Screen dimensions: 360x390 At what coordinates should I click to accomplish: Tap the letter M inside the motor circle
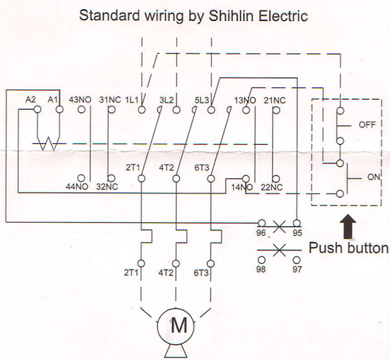click(179, 324)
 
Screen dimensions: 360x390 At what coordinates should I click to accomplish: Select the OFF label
click(367, 124)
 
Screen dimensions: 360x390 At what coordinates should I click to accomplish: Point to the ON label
click(373, 177)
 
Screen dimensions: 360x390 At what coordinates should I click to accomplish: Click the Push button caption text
click(348, 249)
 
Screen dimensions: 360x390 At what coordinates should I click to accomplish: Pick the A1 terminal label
click(54, 100)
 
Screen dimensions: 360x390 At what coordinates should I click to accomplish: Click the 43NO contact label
click(81, 100)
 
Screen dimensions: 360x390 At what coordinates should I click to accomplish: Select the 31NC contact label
click(110, 100)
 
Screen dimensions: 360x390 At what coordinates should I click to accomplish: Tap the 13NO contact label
click(245, 100)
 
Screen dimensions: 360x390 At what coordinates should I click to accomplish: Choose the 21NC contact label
click(274, 100)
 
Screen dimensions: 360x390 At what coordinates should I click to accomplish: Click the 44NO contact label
click(78, 186)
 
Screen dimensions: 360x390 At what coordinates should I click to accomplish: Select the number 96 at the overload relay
click(261, 233)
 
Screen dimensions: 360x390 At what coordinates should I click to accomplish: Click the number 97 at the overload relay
click(298, 269)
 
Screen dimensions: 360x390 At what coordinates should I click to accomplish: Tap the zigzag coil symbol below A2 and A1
click(47, 145)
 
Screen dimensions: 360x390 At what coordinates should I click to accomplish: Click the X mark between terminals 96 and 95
click(279, 227)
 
